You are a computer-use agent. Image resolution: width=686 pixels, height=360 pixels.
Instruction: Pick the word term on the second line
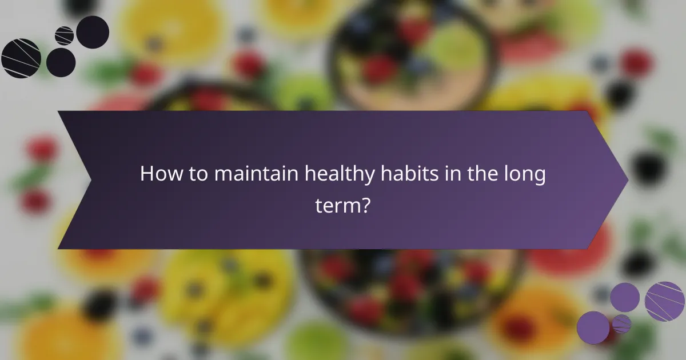coord(337,205)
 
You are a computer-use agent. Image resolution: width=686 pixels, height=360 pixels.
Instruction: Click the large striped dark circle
coord(21,58)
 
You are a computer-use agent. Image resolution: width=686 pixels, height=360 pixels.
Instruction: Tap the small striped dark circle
coord(64,35)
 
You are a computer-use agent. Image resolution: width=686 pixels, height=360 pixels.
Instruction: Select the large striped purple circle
coord(665,301)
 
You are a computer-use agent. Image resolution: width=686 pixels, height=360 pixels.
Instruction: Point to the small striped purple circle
coord(621,324)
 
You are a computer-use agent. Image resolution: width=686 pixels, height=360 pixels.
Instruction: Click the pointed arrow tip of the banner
coord(627,181)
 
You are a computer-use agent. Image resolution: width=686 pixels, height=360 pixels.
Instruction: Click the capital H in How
coord(146,174)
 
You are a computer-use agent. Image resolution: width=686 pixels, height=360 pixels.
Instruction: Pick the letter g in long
coord(539,177)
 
